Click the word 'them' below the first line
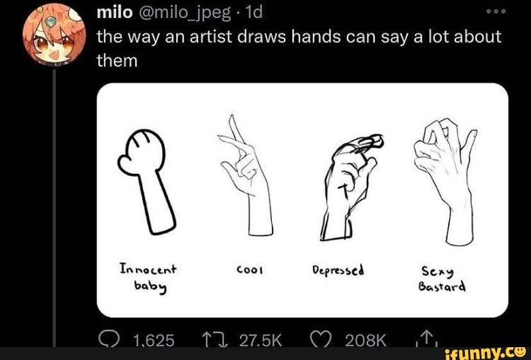pyautogui.click(x=117, y=62)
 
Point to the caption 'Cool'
pyautogui.click(x=248, y=270)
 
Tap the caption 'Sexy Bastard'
pyautogui.click(x=443, y=279)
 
